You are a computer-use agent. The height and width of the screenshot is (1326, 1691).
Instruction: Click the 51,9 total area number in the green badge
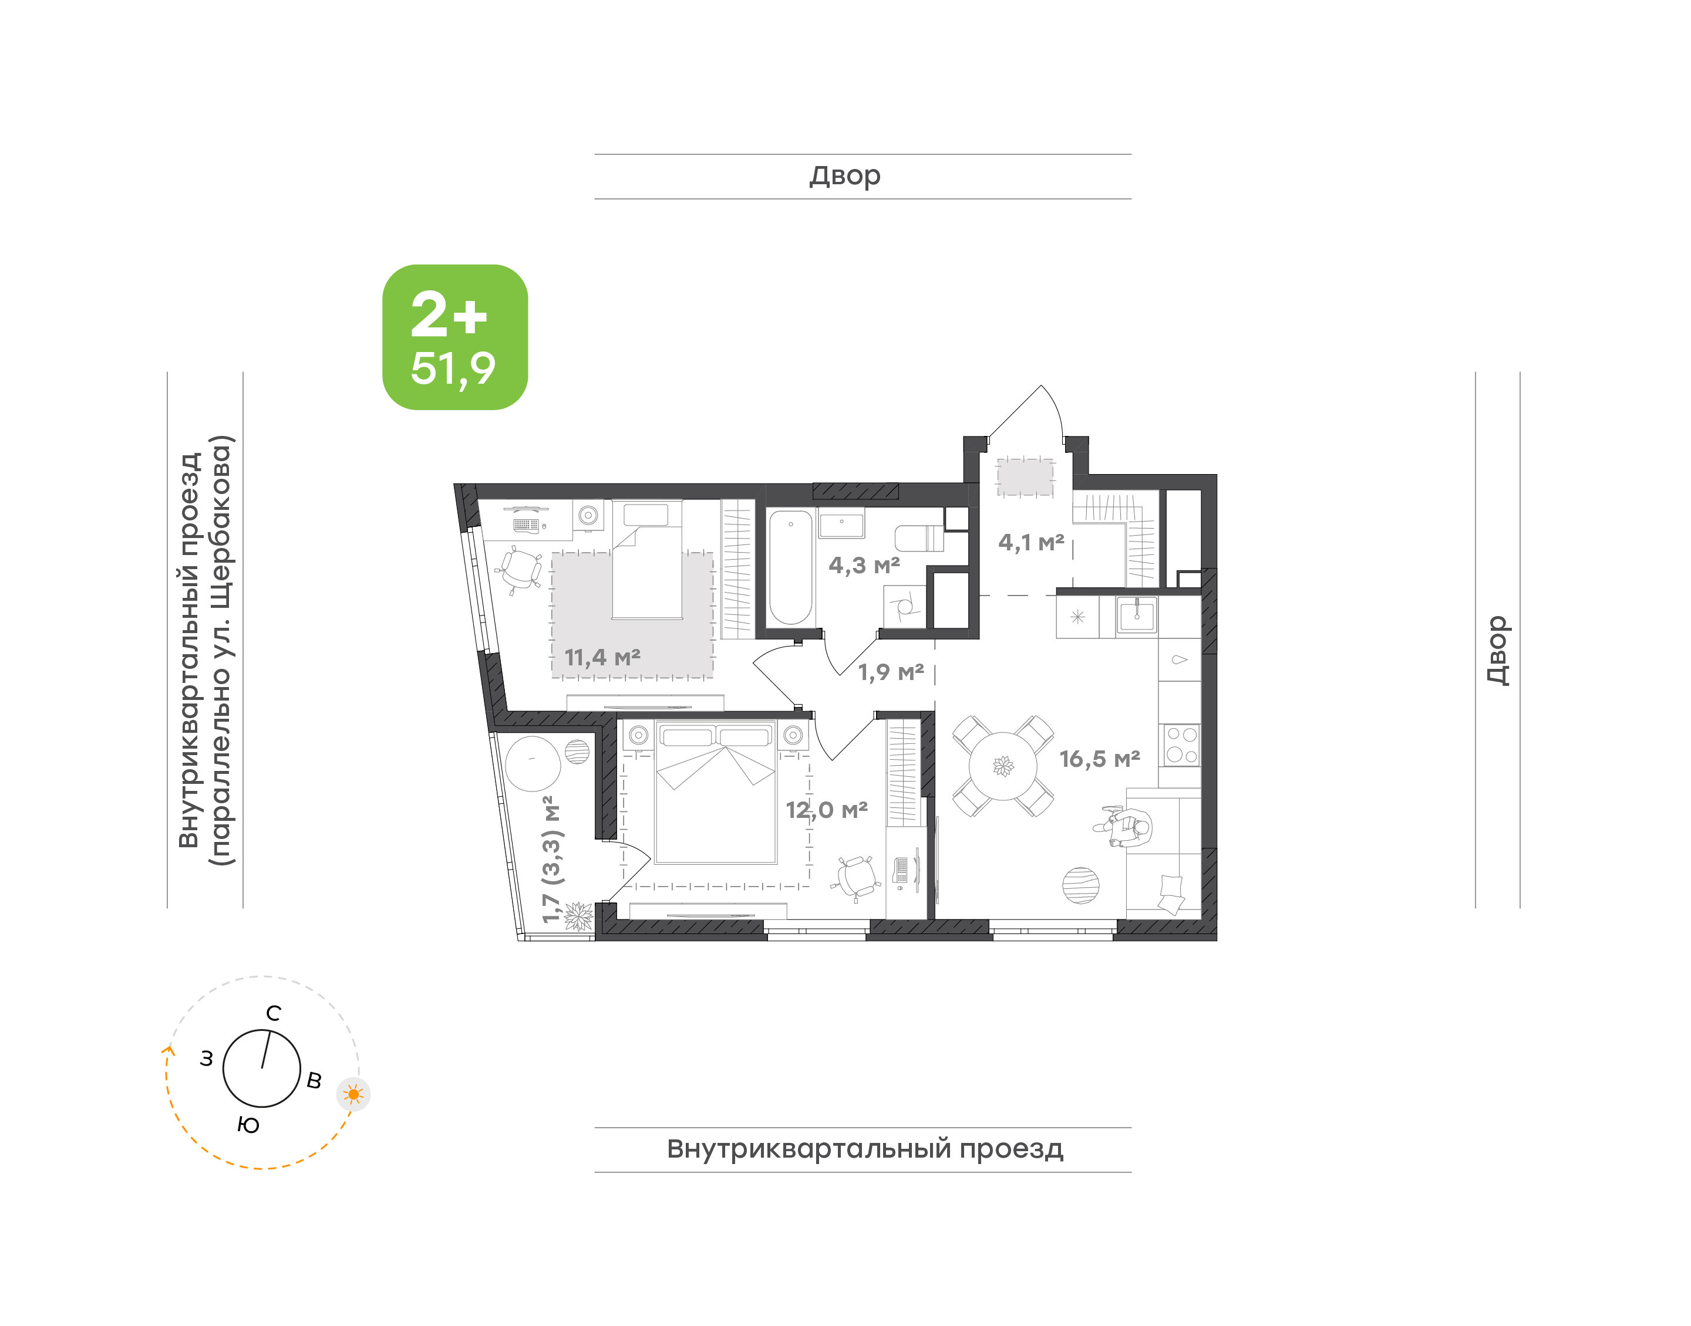coord(453,370)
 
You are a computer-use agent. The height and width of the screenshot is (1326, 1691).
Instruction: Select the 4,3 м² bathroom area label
coord(864,565)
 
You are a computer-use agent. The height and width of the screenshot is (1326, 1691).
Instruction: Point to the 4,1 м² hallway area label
coord(1031,543)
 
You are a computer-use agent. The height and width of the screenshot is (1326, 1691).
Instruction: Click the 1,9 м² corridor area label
coord(890,672)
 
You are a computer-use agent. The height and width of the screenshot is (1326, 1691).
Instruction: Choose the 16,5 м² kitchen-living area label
coord(1099,759)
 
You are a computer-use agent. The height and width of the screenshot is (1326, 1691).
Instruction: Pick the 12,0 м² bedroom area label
coord(827,810)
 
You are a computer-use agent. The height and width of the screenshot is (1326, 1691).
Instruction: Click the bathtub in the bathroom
coord(791,567)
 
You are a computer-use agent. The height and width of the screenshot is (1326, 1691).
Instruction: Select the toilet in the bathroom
coord(919,538)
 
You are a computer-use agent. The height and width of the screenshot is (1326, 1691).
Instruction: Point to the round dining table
coord(1003,766)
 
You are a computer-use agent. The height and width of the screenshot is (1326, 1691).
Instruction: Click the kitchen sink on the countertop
coord(1136,615)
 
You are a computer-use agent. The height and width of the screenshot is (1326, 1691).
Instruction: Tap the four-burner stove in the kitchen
coord(1181,745)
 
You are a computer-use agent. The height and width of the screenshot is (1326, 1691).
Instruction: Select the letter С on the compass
coord(274,1013)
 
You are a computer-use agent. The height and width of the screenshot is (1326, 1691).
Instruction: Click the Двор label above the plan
coord(845,176)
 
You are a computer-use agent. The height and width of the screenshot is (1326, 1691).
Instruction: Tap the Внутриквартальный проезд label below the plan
coord(864,1149)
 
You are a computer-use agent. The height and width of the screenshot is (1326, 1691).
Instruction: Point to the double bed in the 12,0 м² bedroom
coord(715,792)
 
